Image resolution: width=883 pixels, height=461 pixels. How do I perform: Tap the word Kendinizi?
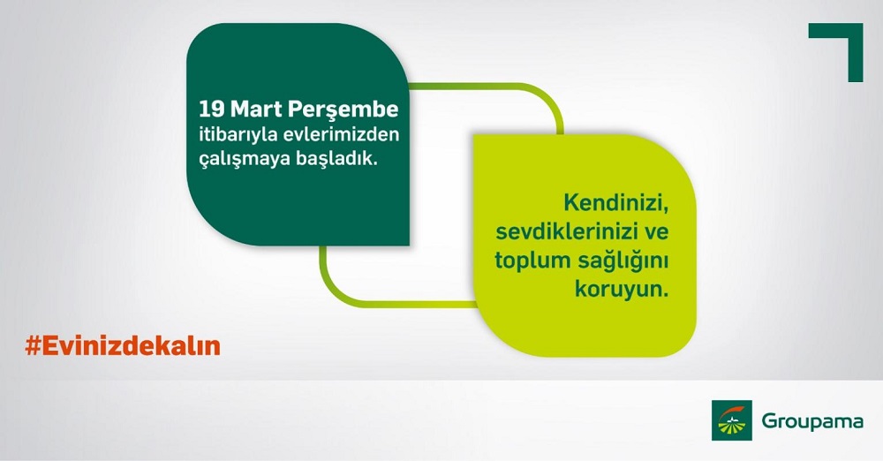point(615,203)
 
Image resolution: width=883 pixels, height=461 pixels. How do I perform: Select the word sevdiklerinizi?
point(566,231)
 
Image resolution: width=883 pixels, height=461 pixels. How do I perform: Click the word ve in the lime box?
point(655,233)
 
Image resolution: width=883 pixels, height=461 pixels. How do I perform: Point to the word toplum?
point(532,261)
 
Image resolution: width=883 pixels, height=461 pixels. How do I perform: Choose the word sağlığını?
point(623,261)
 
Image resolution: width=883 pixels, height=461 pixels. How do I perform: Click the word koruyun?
point(621,291)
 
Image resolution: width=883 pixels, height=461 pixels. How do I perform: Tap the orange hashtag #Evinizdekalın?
point(123,346)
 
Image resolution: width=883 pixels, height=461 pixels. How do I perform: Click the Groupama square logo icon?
point(731,420)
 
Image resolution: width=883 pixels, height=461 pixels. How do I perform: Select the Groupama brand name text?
point(812,422)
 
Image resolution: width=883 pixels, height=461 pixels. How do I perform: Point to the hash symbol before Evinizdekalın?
point(33,346)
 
